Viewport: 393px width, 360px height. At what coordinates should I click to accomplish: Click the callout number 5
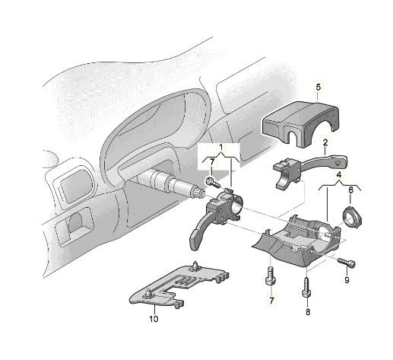[x=319, y=88]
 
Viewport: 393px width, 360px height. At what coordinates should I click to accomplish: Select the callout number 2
[x=325, y=142]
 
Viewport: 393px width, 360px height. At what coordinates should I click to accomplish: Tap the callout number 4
[x=339, y=174]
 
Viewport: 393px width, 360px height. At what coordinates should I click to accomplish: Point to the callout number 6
[x=350, y=190]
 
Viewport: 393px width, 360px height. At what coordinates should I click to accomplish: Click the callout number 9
[x=347, y=280]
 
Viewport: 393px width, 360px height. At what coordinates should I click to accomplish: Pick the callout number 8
[x=308, y=312]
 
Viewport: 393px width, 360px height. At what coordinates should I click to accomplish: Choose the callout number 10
[x=154, y=319]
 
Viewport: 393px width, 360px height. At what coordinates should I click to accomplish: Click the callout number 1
[x=221, y=147]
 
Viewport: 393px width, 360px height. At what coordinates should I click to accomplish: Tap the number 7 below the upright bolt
[x=271, y=301]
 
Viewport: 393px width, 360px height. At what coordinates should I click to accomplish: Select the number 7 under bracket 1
[x=212, y=161]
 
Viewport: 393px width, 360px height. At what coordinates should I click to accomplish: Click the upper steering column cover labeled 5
[x=301, y=123]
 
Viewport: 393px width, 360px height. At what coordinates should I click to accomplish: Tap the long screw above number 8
[x=307, y=288]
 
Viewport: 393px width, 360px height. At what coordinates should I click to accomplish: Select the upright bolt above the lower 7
[x=271, y=276]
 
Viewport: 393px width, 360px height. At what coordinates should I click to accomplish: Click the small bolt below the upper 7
[x=213, y=182]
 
